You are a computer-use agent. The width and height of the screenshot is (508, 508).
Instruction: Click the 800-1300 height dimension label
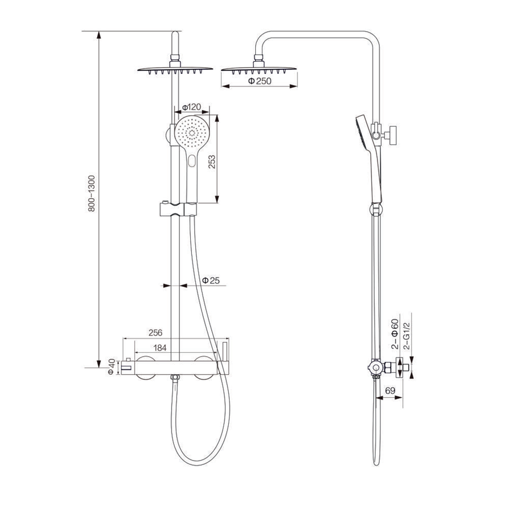coord(92,194)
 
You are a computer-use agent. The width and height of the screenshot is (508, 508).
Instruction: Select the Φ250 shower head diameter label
coord(260,81)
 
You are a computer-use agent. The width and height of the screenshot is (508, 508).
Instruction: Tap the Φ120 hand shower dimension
coord(191,107)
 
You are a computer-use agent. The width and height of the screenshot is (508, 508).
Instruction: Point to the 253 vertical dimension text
coord(212,161)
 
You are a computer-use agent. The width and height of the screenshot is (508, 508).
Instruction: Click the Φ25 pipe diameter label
coord(211,280)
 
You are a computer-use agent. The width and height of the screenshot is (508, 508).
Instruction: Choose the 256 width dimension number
coord(155,332)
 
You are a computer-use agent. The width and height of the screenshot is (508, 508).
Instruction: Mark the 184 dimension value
coord(160,348)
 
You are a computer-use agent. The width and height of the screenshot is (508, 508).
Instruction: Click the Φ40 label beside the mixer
coord(111,367)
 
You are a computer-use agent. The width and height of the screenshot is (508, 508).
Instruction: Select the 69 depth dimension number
coord(390,391)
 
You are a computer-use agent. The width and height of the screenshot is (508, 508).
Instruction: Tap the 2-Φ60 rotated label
coord(395,334)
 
